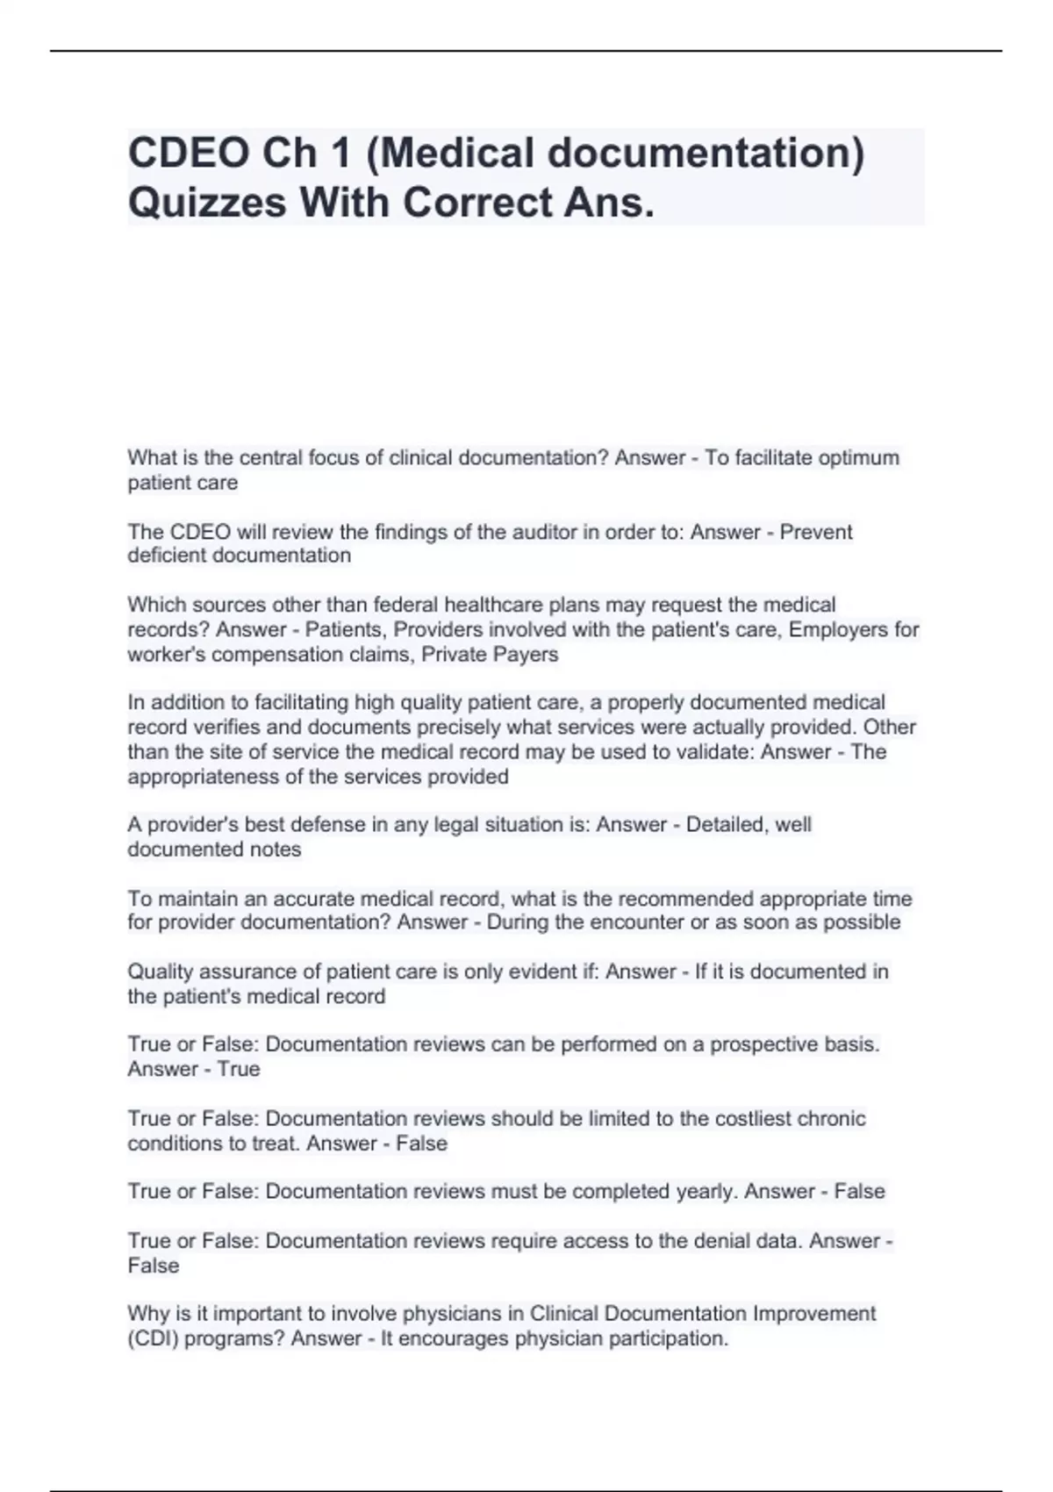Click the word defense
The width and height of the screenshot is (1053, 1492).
pyautogui.click(x=329, y=824)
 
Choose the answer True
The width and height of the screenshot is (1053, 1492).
pyautogui.click(x=239, y=1069)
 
